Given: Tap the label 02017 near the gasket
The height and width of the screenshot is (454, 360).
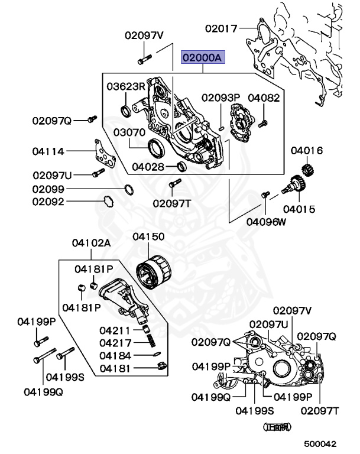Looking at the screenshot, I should click(221, 27).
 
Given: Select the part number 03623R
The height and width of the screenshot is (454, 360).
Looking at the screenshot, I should click(126, 86).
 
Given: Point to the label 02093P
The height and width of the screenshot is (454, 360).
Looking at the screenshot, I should click(220, 98).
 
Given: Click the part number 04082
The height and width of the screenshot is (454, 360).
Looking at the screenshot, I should click(264, 98).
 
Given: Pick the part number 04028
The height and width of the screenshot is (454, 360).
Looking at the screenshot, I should click(148, 167).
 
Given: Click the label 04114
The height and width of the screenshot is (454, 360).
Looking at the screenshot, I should click(48, 151).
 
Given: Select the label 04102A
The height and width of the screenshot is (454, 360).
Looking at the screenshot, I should click(92, 243).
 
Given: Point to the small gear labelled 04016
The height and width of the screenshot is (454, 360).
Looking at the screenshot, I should click(307, 168).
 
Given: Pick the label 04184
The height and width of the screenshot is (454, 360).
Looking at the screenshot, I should click(115, 355).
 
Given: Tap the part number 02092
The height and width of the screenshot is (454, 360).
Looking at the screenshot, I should click(48, 201).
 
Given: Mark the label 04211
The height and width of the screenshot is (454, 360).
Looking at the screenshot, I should click(115, 330).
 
